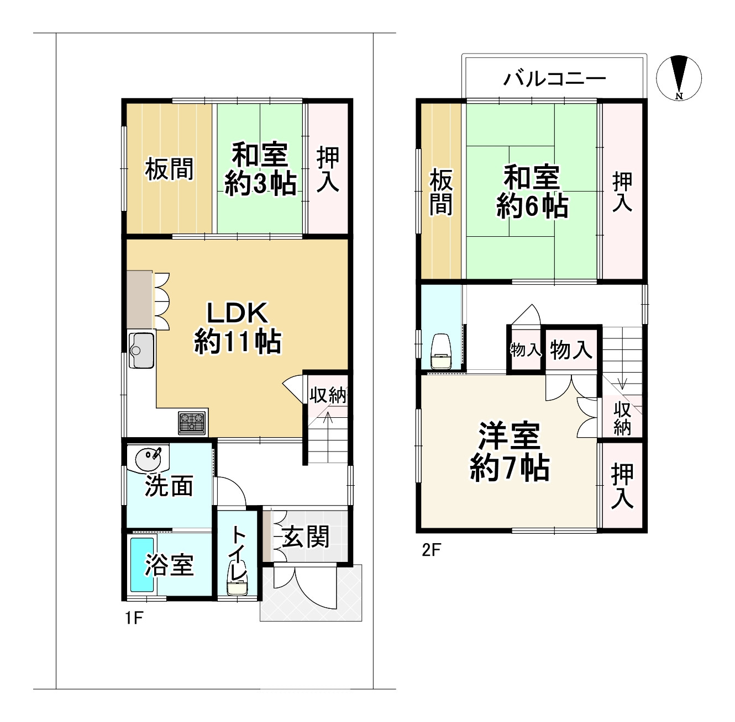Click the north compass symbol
[x=679, y=78]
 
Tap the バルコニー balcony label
[x=555, y=79]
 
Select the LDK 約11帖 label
[x=238, y=328]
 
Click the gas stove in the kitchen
[x=192, y=422]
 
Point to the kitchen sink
[x=141, y=351]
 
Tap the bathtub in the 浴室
[x=142, y=564]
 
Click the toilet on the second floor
[x=440, y=351]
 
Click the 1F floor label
[x=134, y=618]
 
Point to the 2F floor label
[x=432, y=550]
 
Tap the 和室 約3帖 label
[x=260, y=169]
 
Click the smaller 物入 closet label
[x=526, y=350]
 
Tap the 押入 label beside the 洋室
[x=622, y=486]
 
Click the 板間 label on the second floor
[x=442, y=193]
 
